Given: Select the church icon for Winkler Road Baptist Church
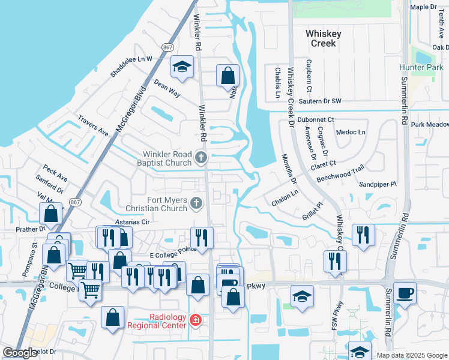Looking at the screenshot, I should point(201,158).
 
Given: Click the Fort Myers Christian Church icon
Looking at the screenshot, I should point(195,204).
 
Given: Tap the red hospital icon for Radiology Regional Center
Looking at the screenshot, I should point(195,320).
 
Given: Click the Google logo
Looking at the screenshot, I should point(20,353).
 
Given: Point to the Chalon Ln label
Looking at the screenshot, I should point(285,199).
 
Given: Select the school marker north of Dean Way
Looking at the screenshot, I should point(181,68).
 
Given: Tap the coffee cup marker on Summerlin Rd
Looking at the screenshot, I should point(405,293).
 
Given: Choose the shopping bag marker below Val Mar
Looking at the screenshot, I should point(52,214).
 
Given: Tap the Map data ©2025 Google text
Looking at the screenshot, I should point(411,355).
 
